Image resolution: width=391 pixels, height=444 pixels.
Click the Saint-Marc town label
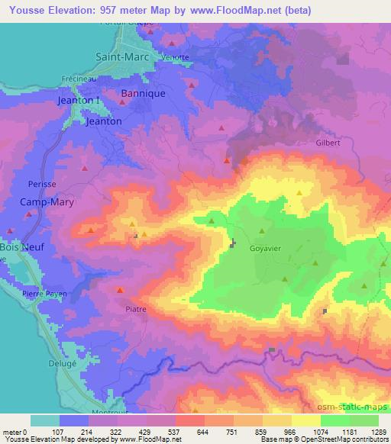[x=122, y=56]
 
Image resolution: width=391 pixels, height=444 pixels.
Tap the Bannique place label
[x=139, y=95]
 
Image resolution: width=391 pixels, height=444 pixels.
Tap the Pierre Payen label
[x=44, y=294]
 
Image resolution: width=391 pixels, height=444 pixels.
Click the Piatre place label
[x=135, y=310]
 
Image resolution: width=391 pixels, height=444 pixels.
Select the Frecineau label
[x=77, y=79]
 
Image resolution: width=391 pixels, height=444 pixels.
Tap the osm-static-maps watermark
[x=354, y=406]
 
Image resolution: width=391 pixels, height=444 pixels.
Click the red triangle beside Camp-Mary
[x=28, y=215]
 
